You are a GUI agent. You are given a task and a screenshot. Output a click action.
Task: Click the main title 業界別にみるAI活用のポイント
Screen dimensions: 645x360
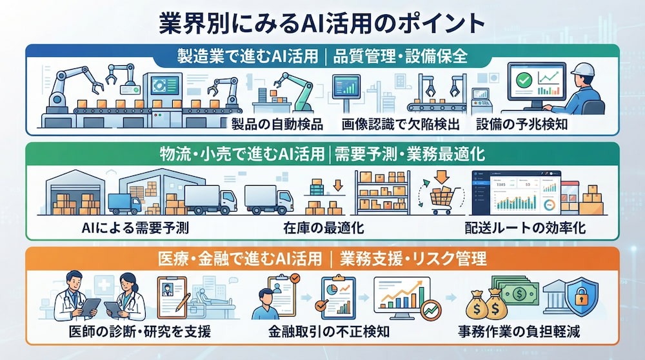pyautogui.click(x=322, y=24)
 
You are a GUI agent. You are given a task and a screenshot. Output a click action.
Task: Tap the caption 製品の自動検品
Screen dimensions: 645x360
pyautogui.click(x=277, y=124)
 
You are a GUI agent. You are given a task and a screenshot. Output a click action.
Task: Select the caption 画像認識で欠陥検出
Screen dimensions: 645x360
pyautogui.click(x=401, y=124)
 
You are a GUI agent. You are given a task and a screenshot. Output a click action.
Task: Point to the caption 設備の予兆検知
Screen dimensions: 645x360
pyautogui.click(x=522, y=124)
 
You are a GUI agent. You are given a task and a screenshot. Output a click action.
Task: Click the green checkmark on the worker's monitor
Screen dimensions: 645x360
pyautogui.click(x=524, y=79)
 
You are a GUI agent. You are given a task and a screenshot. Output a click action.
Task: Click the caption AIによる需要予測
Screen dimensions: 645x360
pyautogui.click(x=135, y=228)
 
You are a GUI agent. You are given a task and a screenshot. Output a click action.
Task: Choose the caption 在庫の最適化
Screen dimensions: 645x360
pyautogui.click(x=323, y=228)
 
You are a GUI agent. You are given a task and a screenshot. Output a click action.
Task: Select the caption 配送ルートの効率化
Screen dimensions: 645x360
pyautogui.click(x=525, y=228)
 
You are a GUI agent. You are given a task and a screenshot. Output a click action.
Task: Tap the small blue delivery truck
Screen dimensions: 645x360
pyautogui.click(x=124, y=203)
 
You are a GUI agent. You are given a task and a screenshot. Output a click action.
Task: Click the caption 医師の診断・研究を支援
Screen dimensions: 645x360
pyautogui.click(x=140, y=331)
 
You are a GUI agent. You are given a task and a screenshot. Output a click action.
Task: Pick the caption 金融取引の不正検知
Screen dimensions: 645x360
pyautogui.click(x=329, y=331)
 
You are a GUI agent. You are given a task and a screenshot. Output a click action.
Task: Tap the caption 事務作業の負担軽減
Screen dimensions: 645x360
pyautogui.click(x=519, y=331)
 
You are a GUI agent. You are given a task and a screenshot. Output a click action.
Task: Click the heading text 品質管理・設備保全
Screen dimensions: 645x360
pyautogui.click(x=401, y=56)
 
